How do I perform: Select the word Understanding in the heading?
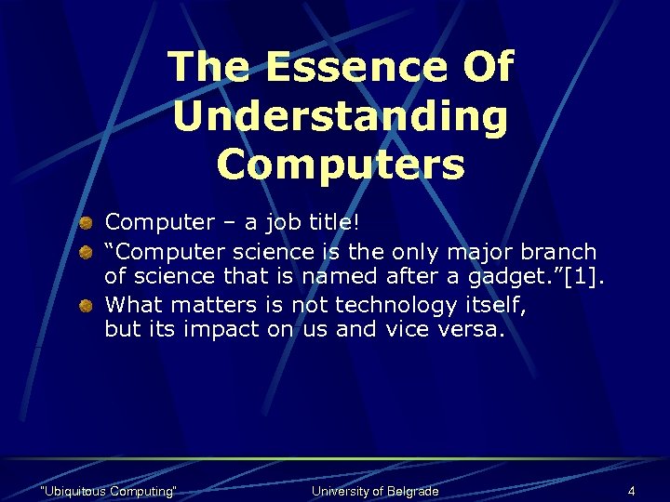coord(341,116)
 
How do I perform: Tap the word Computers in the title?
coord(341,165)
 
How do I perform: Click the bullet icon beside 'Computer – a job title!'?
coord(85,222)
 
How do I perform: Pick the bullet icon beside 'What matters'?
coord(85,304)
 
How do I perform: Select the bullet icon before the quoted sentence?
coord(85,250)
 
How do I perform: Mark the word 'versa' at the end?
coord(470,329)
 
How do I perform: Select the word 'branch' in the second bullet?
coord(559,251)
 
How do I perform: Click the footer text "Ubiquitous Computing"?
coord(109,491)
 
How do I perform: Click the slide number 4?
coord(631,491)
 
